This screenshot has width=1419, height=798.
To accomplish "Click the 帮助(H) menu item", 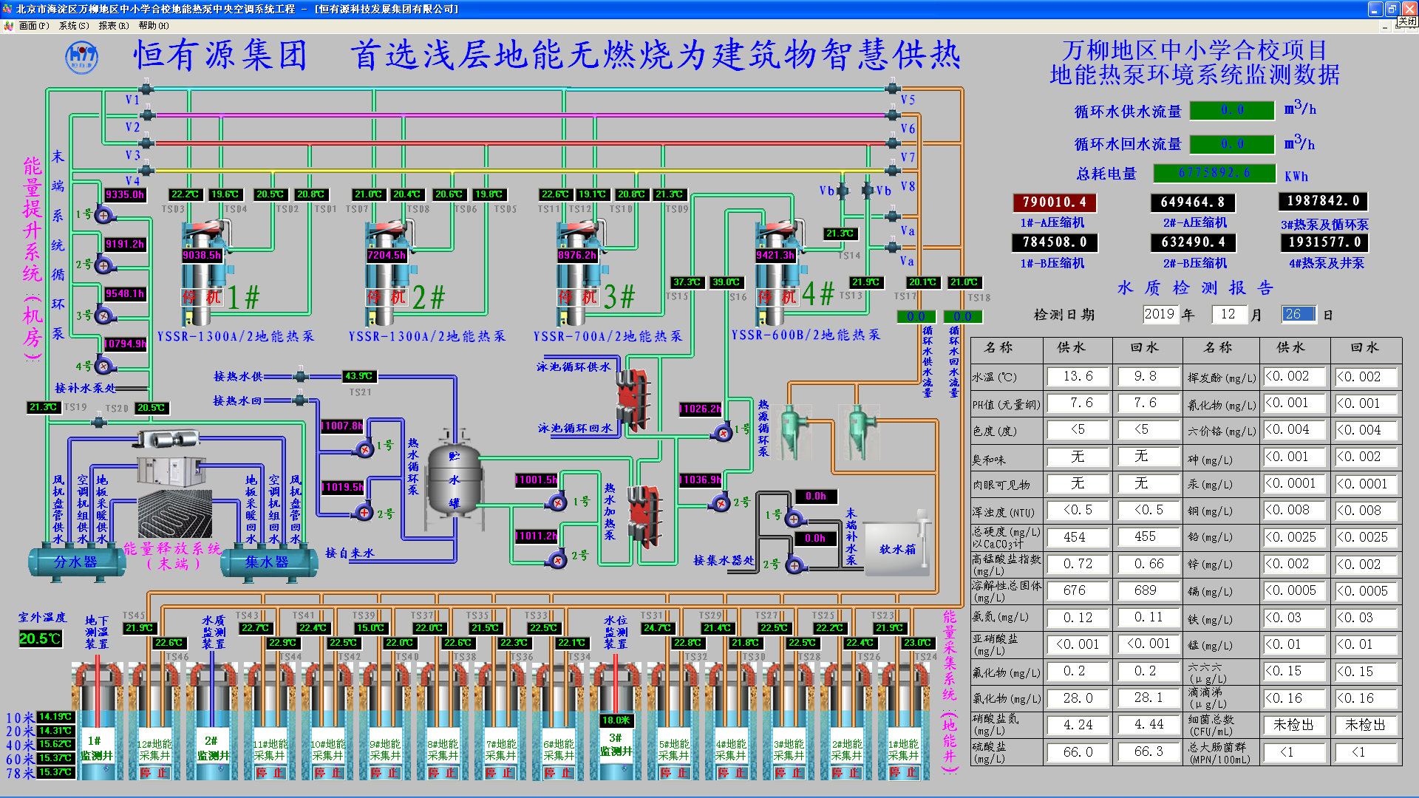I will (x=153, y=25).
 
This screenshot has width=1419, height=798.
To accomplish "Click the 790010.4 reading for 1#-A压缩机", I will (x=1054, y=202).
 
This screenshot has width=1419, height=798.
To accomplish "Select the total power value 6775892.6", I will (x=1214, y=173).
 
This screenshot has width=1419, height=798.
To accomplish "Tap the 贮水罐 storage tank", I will (x=454, y=480).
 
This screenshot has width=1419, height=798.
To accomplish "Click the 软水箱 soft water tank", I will (x=896, y=549).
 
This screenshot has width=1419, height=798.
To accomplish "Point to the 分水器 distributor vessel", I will (x=75, y=562).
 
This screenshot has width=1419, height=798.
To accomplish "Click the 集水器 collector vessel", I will (x=267, y=562).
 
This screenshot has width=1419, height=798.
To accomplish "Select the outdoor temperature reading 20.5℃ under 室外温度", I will (x=40, y=638).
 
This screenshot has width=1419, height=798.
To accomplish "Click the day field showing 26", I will (x=1298, y=314).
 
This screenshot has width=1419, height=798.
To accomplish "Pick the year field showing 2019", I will (x=1160, y=314).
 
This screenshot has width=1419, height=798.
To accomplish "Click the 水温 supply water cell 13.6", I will (x=1078, y=376).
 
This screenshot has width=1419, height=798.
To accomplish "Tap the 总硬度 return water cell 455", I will (x=1145, y=537).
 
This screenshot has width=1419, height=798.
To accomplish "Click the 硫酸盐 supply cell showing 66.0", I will (x=1078, y=752).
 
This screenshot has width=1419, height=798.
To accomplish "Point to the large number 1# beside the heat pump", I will (x=243, y=298).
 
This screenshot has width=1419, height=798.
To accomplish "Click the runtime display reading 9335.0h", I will (x=125, y=195).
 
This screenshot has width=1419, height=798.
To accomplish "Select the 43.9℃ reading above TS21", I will (x=359, y=376).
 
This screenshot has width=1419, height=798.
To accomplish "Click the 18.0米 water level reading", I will (x=616, y=720).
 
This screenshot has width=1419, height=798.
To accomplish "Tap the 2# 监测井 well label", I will (x=212, y=748).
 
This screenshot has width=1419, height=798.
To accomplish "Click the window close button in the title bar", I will (x=1409, y=9).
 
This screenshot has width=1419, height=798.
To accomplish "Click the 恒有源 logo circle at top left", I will (x=81, y=57).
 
